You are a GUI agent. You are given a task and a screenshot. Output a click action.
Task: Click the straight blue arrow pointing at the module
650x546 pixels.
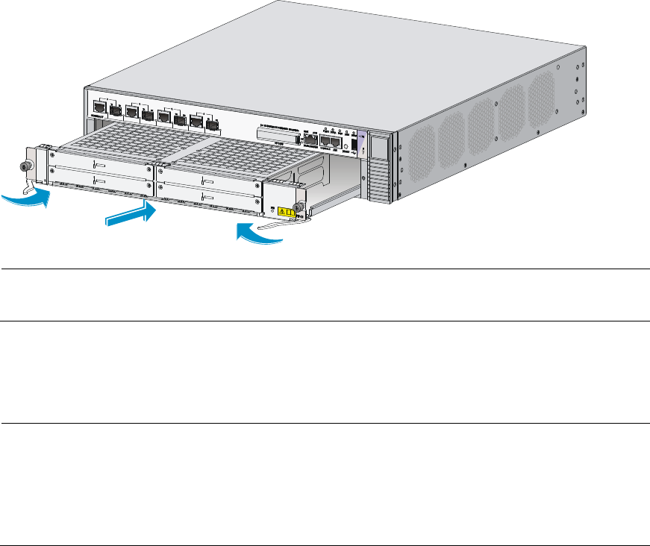[131, 217]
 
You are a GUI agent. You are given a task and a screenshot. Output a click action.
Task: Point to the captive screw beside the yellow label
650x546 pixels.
[299, 207]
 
